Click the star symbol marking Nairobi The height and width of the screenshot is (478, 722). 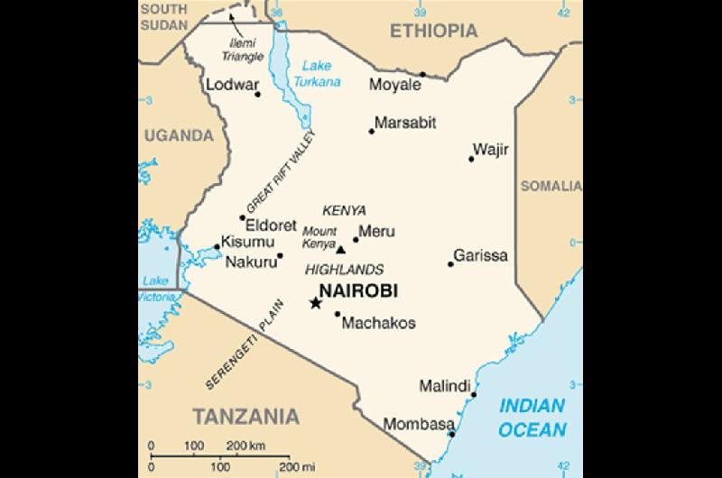click(315, 303)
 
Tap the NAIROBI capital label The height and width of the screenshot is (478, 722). click(358, 291)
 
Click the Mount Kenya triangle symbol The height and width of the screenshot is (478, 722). click(340, 250)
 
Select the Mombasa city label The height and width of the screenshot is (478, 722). click(419, 424)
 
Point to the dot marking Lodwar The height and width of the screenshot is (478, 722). click(258, 95)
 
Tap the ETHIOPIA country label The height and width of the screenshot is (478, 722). click(433, 31)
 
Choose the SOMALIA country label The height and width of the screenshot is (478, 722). click(551, 186)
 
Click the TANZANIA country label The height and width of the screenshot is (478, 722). click(245, 416)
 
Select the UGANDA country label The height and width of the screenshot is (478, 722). click(177, 136)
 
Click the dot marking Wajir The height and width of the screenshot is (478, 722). click(471, 160)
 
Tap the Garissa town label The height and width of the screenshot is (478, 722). click(480, 255)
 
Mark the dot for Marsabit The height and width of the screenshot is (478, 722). click(371, 132)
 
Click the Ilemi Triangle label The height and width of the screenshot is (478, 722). click(243, 50)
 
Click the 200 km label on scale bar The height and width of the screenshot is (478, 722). click(245, 446)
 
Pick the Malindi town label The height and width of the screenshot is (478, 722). click(444, 386)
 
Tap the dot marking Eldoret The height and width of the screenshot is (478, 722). click(242, 217)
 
